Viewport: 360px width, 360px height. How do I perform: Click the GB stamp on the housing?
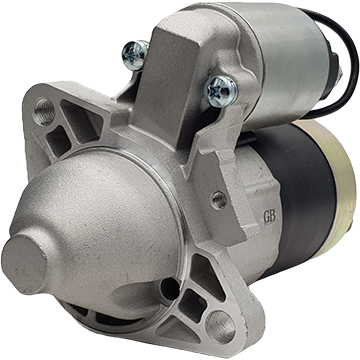point(269,217)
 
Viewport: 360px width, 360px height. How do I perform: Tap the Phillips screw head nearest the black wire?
point(222,91)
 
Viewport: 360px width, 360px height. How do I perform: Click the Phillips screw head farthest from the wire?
point(135,55)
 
